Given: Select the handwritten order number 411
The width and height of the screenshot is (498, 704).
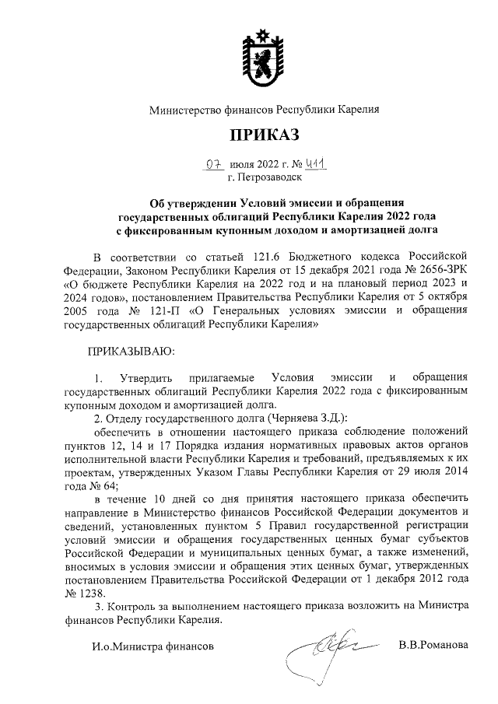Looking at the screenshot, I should (x=314, y=163).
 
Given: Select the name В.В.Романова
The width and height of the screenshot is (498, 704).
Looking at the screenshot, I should (x=433, y=645).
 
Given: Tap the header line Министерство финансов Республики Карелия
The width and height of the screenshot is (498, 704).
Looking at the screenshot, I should (x=264, y=110).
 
